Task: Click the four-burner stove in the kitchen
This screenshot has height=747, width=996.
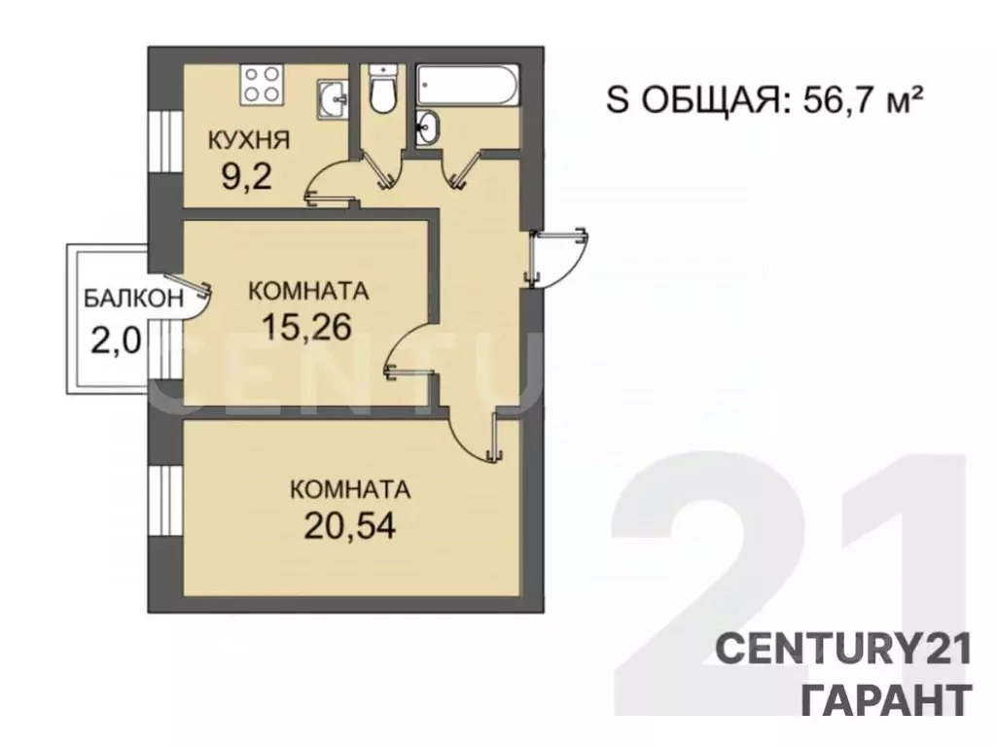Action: tap(261, 83)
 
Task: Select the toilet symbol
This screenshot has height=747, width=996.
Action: tap(382, 89)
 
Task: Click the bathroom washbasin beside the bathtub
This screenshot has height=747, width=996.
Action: tap(427, 125)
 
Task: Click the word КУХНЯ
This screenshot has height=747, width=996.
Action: tap(248, 140)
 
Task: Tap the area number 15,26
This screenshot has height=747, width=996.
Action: tap(305, 327)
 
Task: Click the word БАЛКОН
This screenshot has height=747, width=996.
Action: tap(131, 299)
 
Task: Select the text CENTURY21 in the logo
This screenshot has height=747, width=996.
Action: tap(843, 649)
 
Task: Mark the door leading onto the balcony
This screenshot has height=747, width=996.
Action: tap(191, 298)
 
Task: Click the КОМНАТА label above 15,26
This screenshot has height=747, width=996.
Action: tap(308, 290)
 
